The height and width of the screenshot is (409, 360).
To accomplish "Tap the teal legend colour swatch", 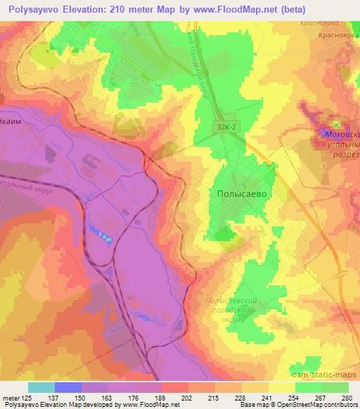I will pos(41,387).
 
